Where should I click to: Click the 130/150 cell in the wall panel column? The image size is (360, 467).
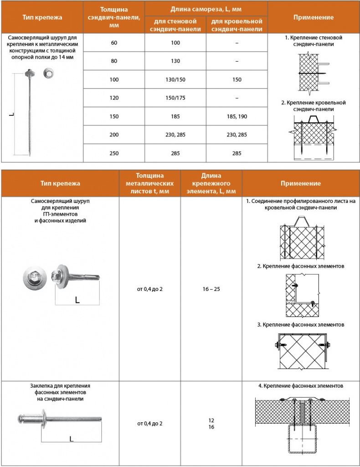[175, 80]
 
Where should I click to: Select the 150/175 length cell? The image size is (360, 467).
[175, 98]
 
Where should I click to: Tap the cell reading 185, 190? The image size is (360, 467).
[237, 117]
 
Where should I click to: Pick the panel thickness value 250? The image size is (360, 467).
[114, 154]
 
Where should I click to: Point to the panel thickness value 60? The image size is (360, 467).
[114, 43]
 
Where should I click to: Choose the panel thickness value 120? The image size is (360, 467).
[114, 98]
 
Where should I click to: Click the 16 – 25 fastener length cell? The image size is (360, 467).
[211, 289]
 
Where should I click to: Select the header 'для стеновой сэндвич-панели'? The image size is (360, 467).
[175, 25]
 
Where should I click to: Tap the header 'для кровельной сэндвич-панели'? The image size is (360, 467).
[237, 25]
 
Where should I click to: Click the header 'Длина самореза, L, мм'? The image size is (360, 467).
[206, 9]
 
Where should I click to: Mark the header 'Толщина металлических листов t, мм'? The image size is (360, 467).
[150, 183]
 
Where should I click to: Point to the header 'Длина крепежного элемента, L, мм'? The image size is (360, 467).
[211, 183]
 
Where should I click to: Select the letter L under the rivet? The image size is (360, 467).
[72, 439]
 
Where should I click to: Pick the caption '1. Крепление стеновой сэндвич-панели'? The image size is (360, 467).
[313, 41]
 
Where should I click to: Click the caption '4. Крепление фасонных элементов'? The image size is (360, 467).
[300, 386]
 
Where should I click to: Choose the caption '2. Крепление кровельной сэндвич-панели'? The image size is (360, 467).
[313, 106]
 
